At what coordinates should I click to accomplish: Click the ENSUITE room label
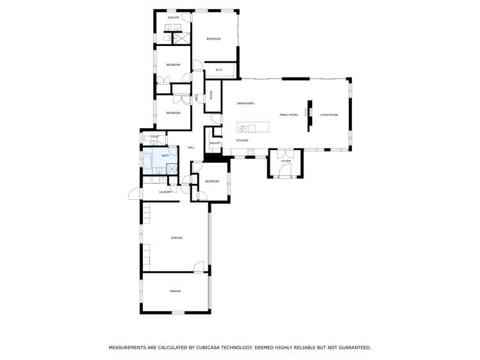pyautogui.click(x=173, y=18)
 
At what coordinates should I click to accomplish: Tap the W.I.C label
pyautogui.click(x=219, y=70)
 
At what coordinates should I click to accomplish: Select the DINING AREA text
pyautogui.click(x=245, y=103)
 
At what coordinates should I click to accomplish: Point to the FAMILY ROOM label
pyautogui.click(x=288, y=115)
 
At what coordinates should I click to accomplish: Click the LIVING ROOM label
pyautogui.click(x=329, y=115)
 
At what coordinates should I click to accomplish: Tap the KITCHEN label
pyautogui.click(x=242, y=140)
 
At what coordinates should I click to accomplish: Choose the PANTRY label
pyautogui.click(x=215, y=143)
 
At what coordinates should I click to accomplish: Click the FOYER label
pyautogui.click(x=286, y=161)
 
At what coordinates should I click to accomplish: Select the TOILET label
pyautogui.click(x=154, y=136)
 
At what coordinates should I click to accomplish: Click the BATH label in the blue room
pyautogui.click(x=165, y=156)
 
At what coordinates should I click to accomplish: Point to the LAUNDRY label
pyautogui.click(x=165, y=192)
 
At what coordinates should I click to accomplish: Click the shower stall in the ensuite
pyautogui.click(x=181, y=38)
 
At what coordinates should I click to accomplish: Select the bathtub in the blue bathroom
pyautogui.click(x=147, y=160)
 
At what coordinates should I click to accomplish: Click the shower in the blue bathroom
pyautogui.click(x=172, y=168)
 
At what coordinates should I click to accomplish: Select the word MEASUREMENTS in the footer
pyautogui.click(x=129, y=347)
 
